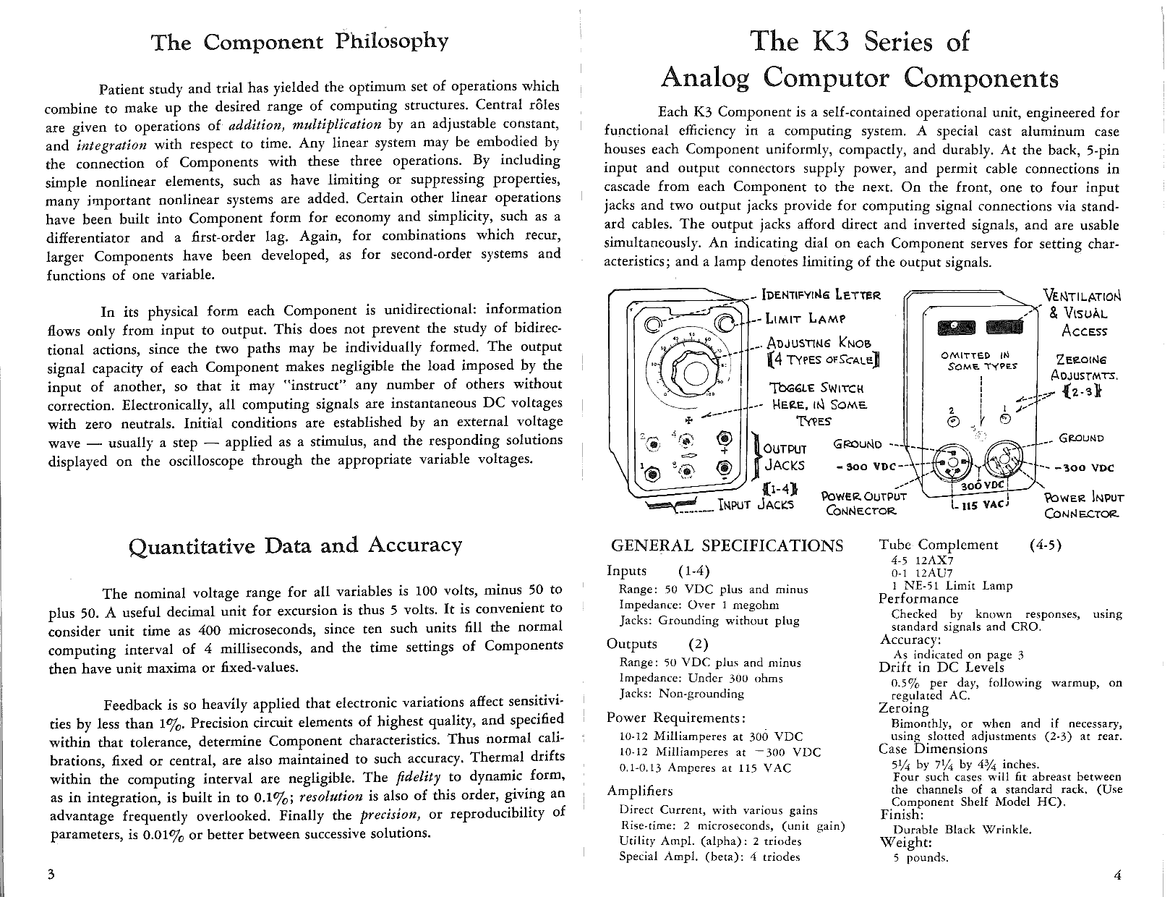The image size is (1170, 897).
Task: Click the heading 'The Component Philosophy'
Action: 299,42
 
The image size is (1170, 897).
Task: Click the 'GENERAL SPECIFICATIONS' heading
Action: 727,546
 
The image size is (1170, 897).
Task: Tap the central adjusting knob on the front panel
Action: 693,374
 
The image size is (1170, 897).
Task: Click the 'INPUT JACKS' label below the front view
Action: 756,504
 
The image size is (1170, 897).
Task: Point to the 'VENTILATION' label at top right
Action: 1083,297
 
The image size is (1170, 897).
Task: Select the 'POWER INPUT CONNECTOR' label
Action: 1084,506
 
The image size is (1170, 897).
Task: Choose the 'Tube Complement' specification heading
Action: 938,545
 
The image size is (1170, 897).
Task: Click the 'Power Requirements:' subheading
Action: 675,718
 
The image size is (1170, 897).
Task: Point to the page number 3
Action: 51,873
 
